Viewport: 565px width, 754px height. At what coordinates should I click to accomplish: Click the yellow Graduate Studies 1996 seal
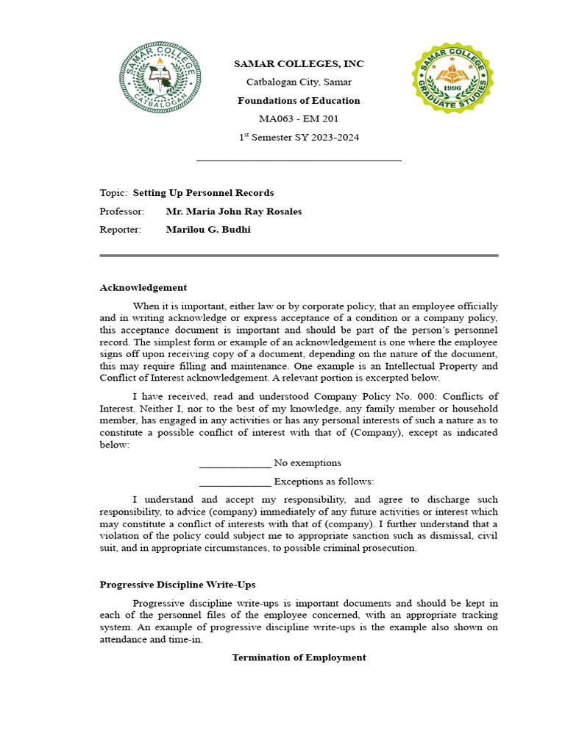452,78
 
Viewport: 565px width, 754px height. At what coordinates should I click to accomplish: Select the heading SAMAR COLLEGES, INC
299,64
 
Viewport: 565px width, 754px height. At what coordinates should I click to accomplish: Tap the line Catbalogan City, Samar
299,82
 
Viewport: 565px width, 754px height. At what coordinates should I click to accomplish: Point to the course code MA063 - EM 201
299,119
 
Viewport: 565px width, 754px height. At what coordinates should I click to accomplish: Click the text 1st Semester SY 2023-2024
299,138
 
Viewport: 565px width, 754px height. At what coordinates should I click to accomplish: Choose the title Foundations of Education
299,101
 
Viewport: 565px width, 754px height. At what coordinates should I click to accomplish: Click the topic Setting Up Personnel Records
203,193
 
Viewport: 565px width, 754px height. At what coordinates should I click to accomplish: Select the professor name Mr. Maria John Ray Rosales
234,211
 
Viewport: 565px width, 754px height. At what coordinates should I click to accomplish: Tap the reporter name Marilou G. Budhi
208,230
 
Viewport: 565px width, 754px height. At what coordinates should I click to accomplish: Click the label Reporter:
120,230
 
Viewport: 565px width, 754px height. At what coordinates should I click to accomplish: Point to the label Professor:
122,211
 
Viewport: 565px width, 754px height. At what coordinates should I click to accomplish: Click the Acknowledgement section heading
143,288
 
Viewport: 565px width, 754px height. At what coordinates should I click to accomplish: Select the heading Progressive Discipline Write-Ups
177,585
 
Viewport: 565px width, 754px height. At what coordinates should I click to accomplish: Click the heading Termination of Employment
299,658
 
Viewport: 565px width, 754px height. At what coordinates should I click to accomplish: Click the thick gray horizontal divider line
299,256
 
